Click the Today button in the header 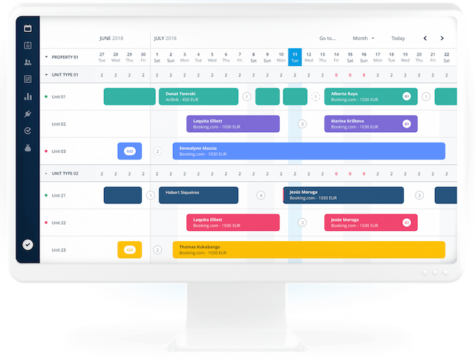click(x=398, y=38)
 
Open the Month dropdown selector click(x=363, y=38)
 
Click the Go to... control click(x=327, y=38)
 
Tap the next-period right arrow click(x=442, y=38)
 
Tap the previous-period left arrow click(x=425, y=38)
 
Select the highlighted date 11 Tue click(x=295, y=56)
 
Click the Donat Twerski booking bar click(x=198, y=96)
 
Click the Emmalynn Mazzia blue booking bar click(x=309, y=151)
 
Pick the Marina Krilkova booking click(x=370, y=124)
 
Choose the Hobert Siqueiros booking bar click(x=198, y=195)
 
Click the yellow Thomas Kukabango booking click(x=309, y=249)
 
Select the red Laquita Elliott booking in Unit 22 click(x=232, y=223)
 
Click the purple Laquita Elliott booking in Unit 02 click(x=232, y=124)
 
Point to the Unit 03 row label click(x=59, y=151)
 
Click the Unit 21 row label click(x=59, y=195)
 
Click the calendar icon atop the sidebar click(x=27, y=28)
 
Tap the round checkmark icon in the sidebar click(x=27, y=244)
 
